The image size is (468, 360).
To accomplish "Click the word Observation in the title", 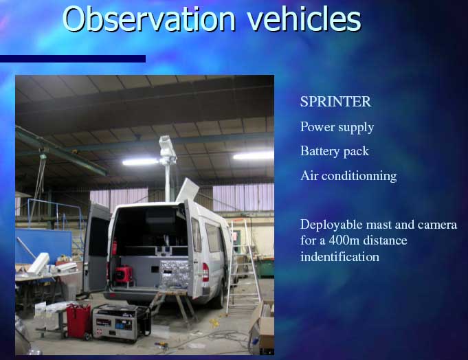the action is tap(148, 19).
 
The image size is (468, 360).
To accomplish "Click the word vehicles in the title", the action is tap(304, 19).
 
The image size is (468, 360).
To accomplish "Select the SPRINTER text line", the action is tap(335, 102).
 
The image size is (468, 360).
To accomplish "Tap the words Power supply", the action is tap(337, 127).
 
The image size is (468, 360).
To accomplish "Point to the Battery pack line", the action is tap(335, 152).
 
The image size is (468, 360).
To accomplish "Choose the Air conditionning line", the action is tap(348, 176).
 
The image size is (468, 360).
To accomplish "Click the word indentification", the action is tap(339, 257).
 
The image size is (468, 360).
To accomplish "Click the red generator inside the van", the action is tap(123, 274).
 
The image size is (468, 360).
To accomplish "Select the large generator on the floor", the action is tap(122, 323).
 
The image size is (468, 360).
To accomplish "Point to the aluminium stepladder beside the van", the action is tap(243, 265).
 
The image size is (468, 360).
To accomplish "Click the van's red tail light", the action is tap(205, 272).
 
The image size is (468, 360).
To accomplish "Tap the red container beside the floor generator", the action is tap(78, 321).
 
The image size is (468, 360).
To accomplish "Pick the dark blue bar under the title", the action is tap(73, 59).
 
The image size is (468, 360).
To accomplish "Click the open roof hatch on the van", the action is tap(187, 190).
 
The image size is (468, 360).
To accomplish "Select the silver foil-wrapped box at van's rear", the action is tap(174, 274).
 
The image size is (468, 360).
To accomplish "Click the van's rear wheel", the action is tap(219, 299).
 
